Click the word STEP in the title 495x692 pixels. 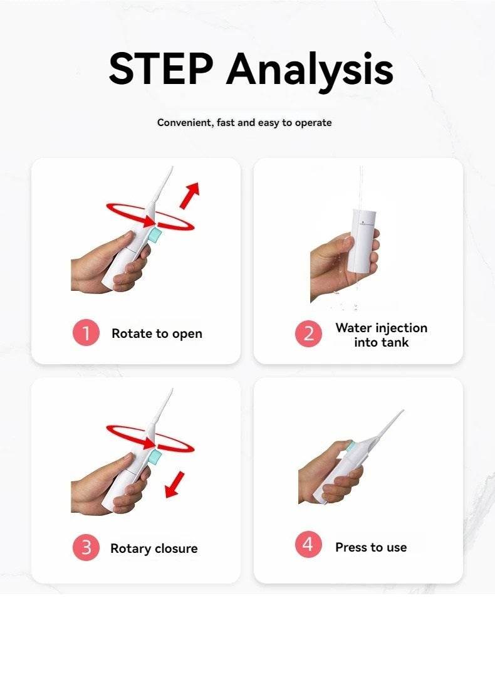[161, 69]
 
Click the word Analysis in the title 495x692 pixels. [310, 71]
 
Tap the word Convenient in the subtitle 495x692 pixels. [185, 123]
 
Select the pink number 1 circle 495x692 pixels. [86, 332]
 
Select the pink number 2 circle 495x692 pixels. [308, 333]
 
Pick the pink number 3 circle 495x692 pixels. [86, 548]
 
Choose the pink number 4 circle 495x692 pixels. [308, 544]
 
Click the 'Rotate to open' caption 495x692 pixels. [157, 333]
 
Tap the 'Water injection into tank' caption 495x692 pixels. [381, 335]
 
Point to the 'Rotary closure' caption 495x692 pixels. [154, 548]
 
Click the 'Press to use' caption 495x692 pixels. [371, 548]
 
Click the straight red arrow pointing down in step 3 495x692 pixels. [175, 485]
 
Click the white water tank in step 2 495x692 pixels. [362, 241]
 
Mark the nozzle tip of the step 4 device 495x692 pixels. [402, 411]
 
